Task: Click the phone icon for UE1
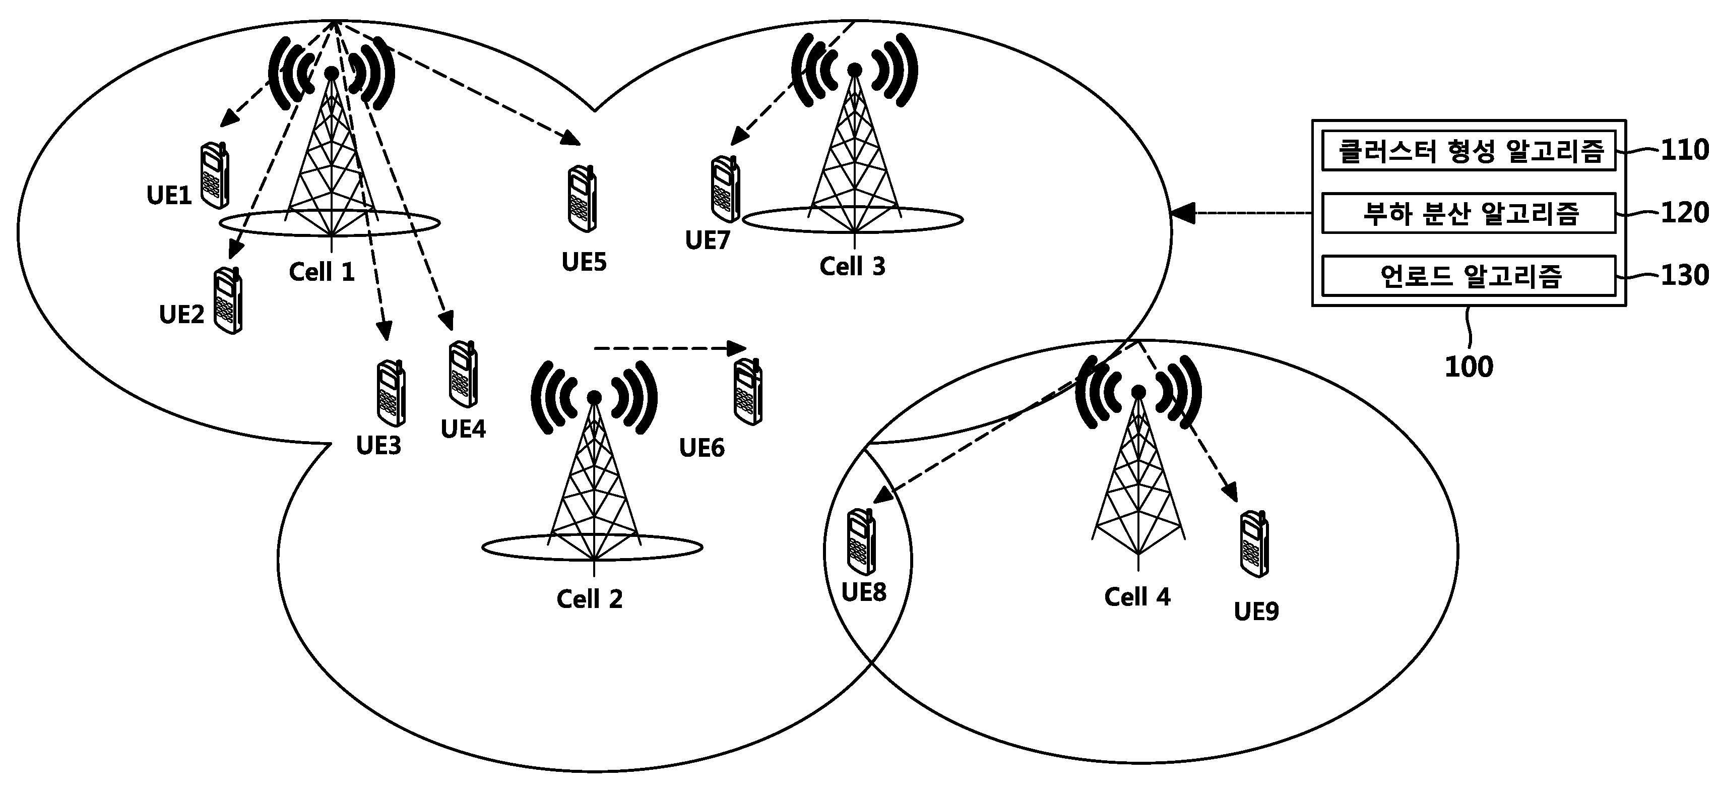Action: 215,175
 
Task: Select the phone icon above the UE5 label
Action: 582,199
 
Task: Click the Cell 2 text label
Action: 590,598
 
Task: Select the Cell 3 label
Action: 852,266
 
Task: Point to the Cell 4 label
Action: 1137,596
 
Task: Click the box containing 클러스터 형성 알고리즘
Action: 1469,151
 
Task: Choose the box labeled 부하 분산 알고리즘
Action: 1469,213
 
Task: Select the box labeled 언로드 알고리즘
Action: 1469,275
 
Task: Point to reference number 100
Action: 1469,367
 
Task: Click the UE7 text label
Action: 708,240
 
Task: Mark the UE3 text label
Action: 379,446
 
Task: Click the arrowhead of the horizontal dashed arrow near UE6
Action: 737,348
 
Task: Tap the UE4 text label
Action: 464,429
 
